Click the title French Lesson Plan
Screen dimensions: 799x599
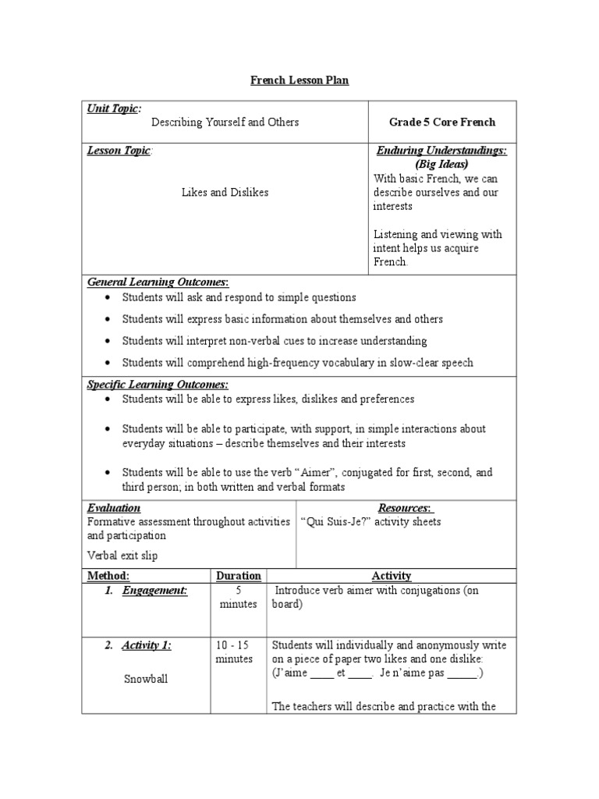[x=299, y=80]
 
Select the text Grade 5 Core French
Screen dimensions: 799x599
[x=442, y=123]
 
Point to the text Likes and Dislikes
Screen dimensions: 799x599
[x=225, y=192]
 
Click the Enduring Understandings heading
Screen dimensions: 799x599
[x=441, y=151]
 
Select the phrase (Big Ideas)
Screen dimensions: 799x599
[x=442, y=165]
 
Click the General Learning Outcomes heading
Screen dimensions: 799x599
[x=158, y=282]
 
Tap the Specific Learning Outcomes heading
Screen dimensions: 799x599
[x=158, y=385]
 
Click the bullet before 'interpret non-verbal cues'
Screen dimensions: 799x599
[x=108, y=341]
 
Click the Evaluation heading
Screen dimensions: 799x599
[x=114, y=508]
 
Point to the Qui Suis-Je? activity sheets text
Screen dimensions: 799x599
[x=370, y=522]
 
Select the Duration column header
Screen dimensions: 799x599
[x=238, y=576]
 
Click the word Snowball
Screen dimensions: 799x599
[x=146, y=679]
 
